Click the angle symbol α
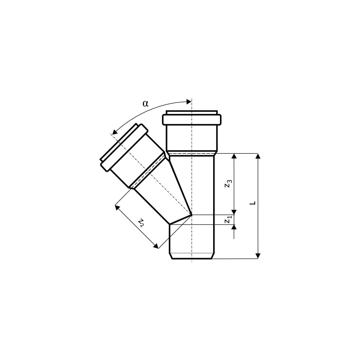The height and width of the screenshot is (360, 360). tap(145, 104)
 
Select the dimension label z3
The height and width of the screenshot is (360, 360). tap(228, 184)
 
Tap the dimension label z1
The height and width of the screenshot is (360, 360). tap(228, 220)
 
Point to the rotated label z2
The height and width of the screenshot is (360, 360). tap(141, 222)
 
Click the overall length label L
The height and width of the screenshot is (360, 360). tap(253, 203)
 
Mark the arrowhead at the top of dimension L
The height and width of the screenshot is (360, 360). tap(258, 156)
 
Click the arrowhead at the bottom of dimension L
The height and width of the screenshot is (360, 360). tap(258, 256)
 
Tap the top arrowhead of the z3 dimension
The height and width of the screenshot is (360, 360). tap(234, 156)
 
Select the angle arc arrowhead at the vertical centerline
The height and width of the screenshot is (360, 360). tap(189, 102)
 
